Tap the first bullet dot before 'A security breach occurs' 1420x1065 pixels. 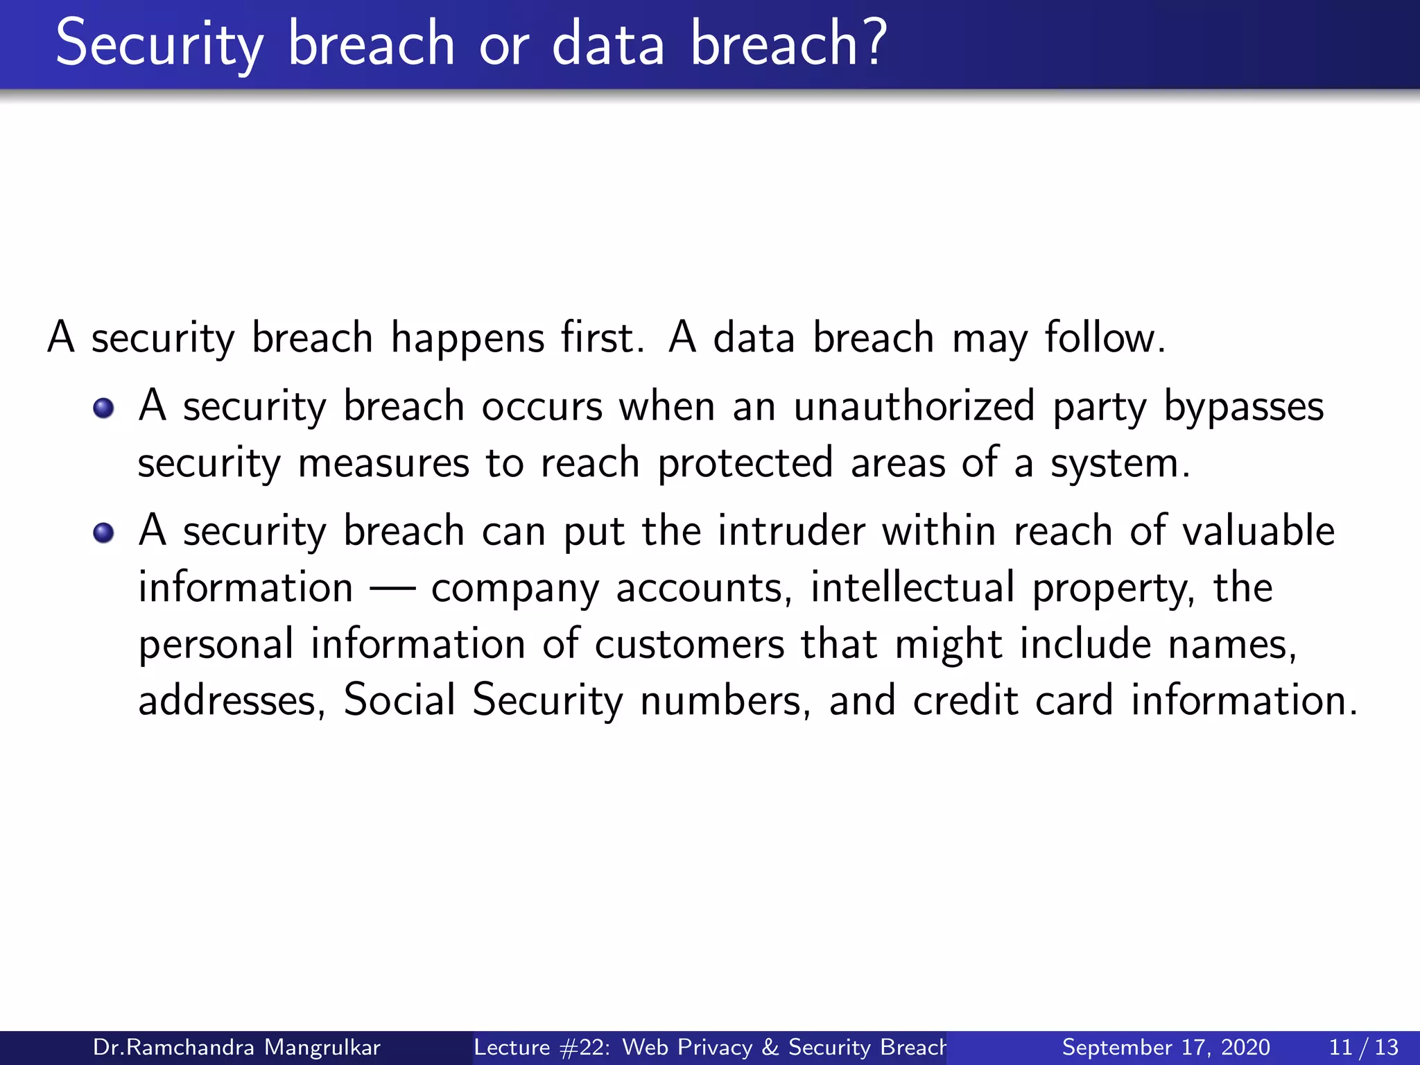tap(103, 408)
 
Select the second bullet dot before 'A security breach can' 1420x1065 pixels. tap(103, 533)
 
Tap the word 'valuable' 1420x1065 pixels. tap(1258, 531)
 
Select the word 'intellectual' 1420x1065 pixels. tap(912, 587)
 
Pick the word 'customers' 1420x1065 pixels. tap(689, 644)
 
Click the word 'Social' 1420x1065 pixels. tap(399, 700)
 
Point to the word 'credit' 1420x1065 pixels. tap(965, 700)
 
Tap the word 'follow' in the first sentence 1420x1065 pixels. tap(1100, 338)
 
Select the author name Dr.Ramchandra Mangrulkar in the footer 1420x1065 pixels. tap(236, 1047)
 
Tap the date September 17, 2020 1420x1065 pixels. tap(1166, 1047)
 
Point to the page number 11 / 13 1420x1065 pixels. tap(1363, 1047)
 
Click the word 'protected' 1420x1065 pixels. tap(745, 464)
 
